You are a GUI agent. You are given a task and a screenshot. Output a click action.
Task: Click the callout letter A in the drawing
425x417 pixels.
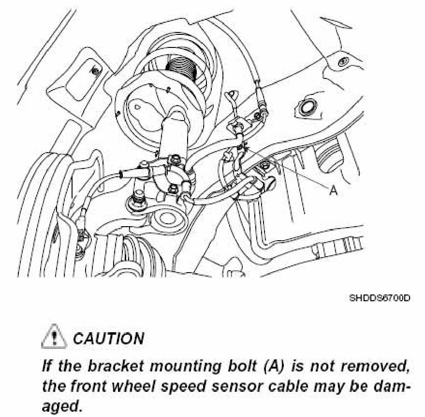[333, 191]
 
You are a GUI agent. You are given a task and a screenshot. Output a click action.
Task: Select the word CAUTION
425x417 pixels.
[108, 338]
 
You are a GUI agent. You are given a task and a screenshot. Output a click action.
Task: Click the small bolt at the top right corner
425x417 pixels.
[343, 62]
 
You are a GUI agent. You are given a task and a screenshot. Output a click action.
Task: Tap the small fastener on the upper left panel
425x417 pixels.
[95, 71]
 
